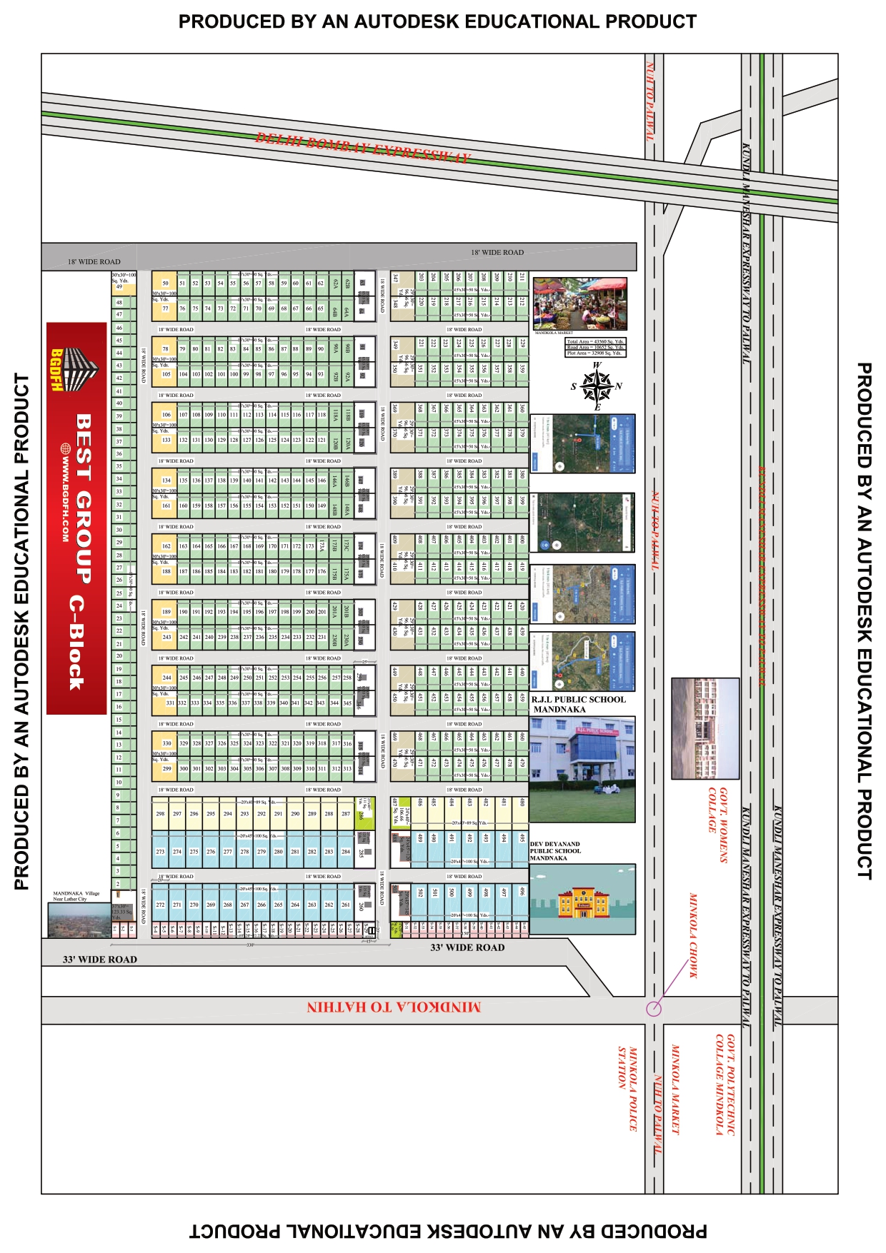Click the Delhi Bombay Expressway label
363,148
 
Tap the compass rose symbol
596,386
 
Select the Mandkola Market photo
580,303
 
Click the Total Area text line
595,341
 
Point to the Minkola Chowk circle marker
653,1008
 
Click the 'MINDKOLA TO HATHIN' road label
394,1007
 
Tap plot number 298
160,813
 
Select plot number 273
160,851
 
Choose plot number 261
346,905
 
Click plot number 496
522,892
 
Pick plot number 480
522,802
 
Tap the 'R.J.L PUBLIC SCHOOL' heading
578,700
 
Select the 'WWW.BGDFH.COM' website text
65,493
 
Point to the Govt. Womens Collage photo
705,728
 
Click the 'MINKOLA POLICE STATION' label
627,1088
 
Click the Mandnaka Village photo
79,919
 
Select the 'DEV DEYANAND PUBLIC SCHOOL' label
555,851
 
